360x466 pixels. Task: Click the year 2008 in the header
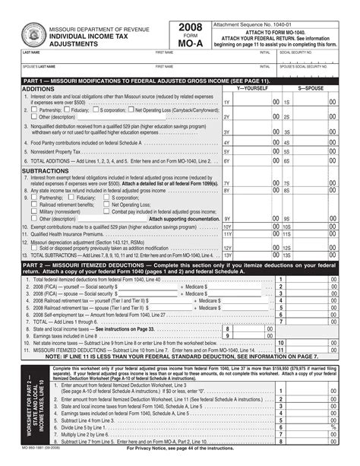point(190,29)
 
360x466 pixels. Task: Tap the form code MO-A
point(190,44)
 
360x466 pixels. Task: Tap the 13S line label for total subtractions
point(286,257)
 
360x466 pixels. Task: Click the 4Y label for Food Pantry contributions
point(226,142)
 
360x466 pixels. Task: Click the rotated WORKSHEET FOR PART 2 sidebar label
point(36,403)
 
